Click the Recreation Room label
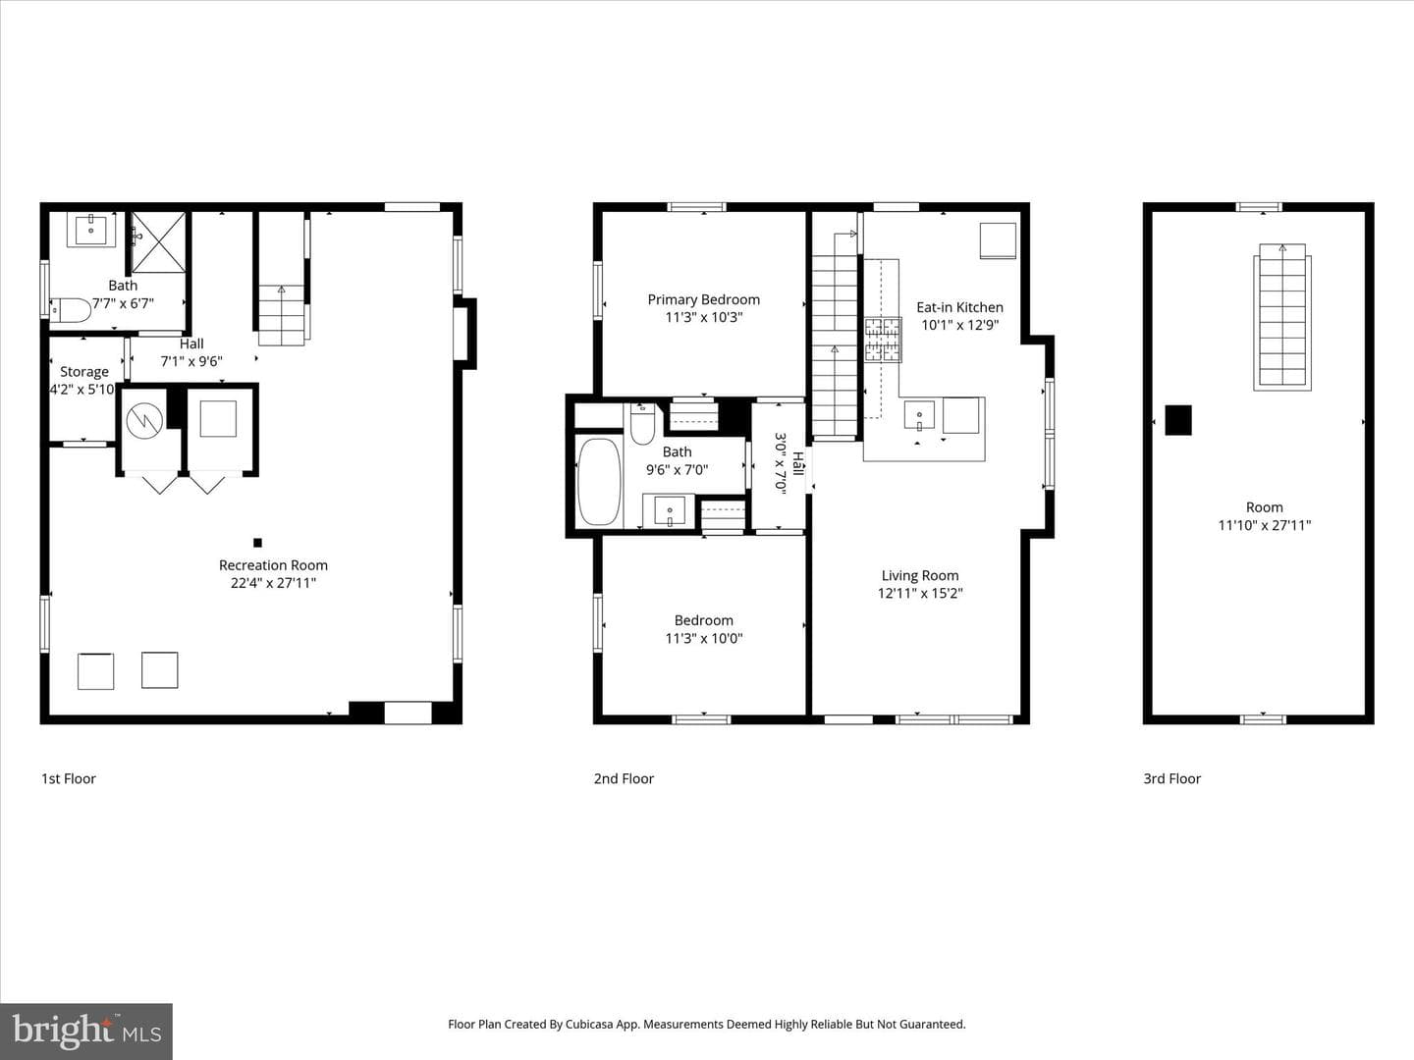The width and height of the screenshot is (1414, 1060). pos(273,565)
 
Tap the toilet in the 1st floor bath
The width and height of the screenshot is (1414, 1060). pos(71,310)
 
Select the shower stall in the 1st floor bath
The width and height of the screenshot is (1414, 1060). pos(158,242)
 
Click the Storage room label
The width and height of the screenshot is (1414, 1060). pos(83,372)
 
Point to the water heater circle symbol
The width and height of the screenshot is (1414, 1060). pos(145,421)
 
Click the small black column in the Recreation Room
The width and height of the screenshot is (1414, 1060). pos(257,543)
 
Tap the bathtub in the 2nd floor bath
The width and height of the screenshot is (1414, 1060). pos(599,481)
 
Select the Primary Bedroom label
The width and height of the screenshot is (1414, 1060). pos(703,300)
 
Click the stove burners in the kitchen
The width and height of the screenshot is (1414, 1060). pos(883,340)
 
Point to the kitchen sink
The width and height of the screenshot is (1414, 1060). pos(919,415)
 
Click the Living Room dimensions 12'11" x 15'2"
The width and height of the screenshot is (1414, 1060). pos(920,594)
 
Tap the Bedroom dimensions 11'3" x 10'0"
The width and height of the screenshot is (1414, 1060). pos(703,638)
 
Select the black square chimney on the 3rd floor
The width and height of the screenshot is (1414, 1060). pos(1178,420)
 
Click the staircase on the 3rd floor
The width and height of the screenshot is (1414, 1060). pos(1282,317)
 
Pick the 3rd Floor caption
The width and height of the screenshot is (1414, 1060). pos(1171,778)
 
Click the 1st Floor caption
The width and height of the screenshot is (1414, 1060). pos(69,778)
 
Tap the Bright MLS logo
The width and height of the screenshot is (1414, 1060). pos(86,1031)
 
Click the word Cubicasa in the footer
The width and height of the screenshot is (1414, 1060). pos(589,1024)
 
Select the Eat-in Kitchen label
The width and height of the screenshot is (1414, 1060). pos(959,307)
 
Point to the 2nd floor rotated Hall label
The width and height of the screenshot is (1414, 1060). pos(798,463)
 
